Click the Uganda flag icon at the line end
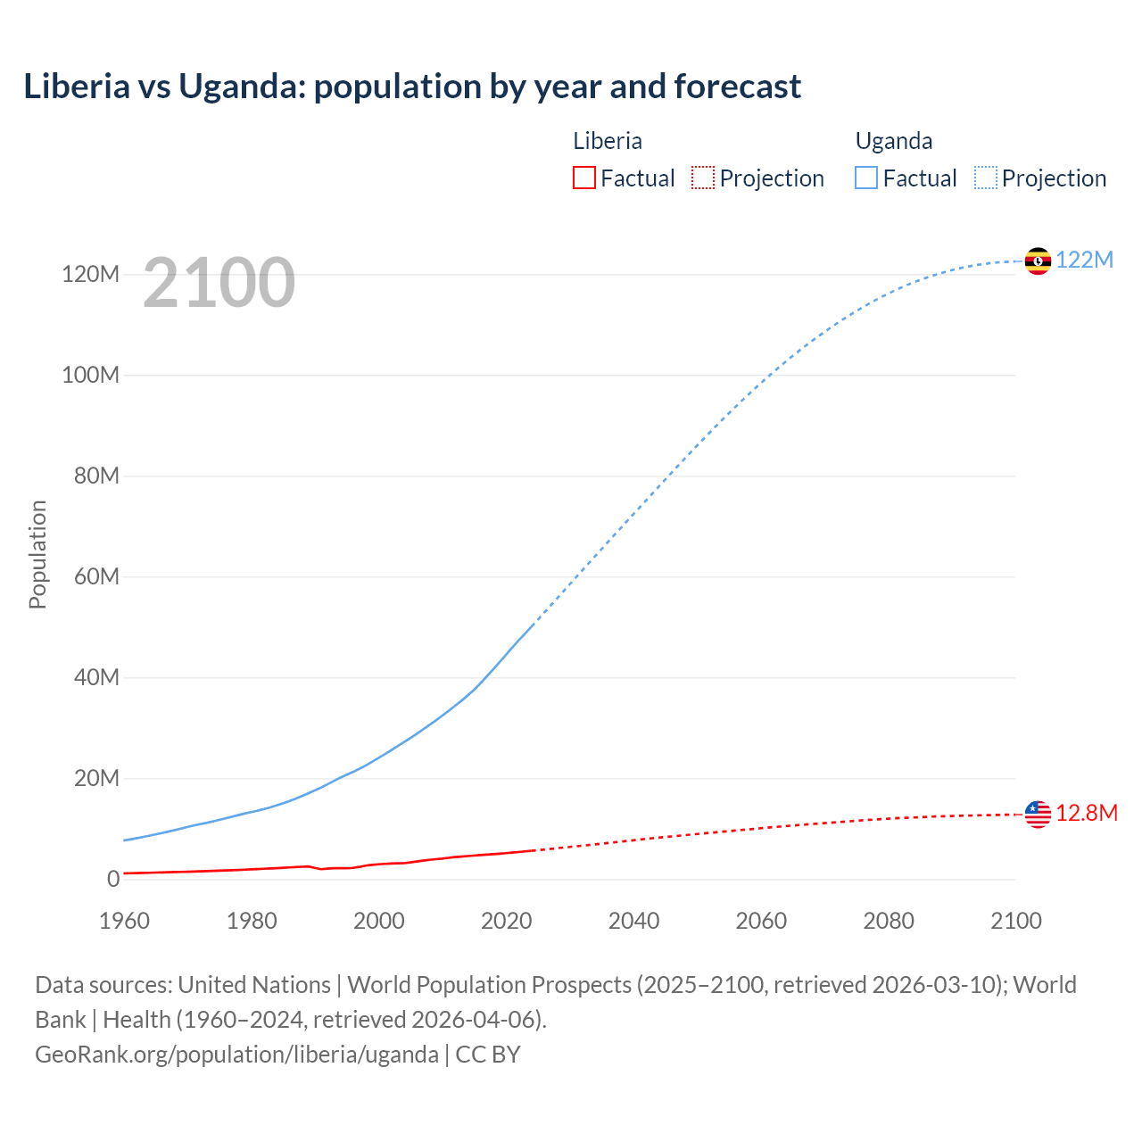[1038, 261]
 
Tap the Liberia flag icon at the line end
[1038, 814]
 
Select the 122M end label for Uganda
[1084, 260]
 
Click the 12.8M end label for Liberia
[1086, 813]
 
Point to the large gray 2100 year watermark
[219, 282]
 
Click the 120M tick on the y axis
[90, 274]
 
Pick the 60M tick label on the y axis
[96, 576]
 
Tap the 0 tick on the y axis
[113, 879]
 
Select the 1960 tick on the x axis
[124, 921]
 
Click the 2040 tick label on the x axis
[633, 921]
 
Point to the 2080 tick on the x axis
[889, 921]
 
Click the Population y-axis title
[37, 554]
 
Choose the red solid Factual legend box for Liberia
[583, 178]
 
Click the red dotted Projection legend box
[703, 178]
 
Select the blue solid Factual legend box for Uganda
[866, 178]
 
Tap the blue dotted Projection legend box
[986, 178]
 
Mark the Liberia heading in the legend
[607, 141]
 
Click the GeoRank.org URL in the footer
[236, 1054]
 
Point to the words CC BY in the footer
[488, 1054]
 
